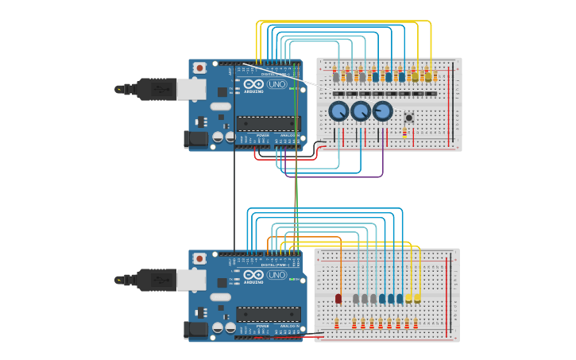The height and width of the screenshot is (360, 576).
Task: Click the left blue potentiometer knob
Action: (x=339, y=111)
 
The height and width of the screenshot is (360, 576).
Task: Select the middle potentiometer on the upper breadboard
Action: (x=361, y=111)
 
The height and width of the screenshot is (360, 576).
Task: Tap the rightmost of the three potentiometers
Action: (x=382, y=111)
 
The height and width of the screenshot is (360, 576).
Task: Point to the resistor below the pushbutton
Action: (x=404, y=134)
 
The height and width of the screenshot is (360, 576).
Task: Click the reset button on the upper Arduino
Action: (x=199, y=68)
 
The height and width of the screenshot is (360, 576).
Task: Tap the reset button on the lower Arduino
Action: (x=199, y=259)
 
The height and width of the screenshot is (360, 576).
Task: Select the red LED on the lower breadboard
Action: (x=338, y=299)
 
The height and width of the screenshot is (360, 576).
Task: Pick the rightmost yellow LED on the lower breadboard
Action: (x=418, y=297)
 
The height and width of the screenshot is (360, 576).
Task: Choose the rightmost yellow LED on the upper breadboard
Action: (x=428, y=76)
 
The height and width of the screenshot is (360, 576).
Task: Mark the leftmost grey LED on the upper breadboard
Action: (x=336, y=77)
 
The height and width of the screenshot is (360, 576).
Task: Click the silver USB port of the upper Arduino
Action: (x=191, y=89)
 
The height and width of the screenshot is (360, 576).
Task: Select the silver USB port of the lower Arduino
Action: (x=191, y=280)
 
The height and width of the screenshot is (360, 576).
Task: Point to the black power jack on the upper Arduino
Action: (x=195, y=139)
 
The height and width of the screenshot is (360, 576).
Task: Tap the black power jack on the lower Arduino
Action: (x=195, y=330)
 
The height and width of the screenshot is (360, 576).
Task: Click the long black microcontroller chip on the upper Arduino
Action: (x=269, y=123)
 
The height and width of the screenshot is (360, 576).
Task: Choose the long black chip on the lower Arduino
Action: (x=269, y=314)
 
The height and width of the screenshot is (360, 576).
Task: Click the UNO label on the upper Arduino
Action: (x=277, y=84)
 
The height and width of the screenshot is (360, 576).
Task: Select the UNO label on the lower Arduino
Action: (x=277, y=275)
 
